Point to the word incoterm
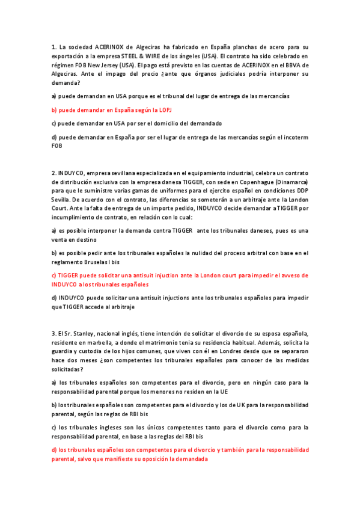coord(296,137)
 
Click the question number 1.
coord(53,46)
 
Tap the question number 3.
coord(53,334)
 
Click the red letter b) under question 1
coord(54,109)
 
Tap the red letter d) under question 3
coord(54,450)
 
